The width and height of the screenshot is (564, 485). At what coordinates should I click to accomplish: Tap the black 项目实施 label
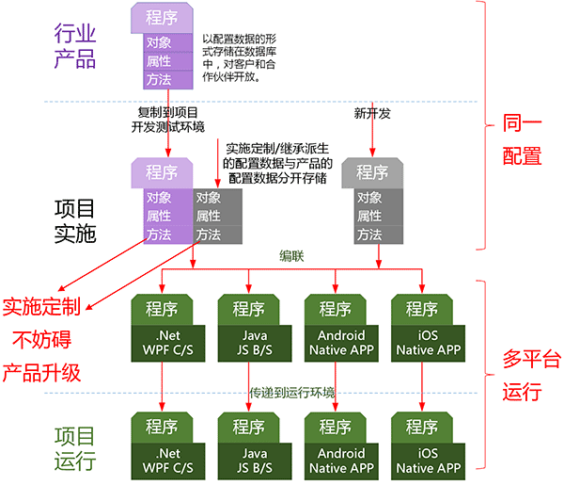[75, 218]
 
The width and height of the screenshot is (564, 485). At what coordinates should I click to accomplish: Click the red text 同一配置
[522, 138]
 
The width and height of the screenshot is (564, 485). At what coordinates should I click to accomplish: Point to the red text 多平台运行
[523, 374]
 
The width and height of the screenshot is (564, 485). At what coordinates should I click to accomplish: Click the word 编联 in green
[292, 255]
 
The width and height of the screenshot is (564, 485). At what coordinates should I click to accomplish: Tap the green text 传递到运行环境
[292, 392]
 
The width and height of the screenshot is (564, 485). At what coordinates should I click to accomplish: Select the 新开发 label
[371, 112]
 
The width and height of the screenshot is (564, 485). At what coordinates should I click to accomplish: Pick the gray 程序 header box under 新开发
[372, 173]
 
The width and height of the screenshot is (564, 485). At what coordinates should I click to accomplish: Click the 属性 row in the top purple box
[158, 61]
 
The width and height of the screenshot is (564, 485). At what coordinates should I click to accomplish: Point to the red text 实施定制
[41, 305]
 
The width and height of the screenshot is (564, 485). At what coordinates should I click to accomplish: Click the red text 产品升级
[41, 370]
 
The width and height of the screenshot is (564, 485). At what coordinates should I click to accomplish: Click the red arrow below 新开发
[372, 137]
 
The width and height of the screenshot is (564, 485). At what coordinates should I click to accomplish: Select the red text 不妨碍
[41, 338]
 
